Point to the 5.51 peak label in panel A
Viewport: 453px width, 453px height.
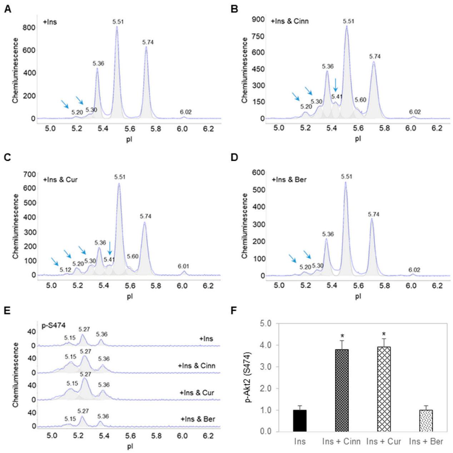pyautogui.click(x=118, y=22)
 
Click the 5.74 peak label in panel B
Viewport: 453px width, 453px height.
pyautogui.click(x=375, y=56)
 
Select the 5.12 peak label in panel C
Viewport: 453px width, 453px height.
pyautogui.click(x=65, y=270)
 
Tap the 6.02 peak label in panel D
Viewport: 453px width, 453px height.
pyautogui.click(x=414, y=270)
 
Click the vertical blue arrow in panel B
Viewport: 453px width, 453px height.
pyautogui.click(x=335, y=85)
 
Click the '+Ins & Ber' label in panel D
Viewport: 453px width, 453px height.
pyautogui.click(x=289, y=180)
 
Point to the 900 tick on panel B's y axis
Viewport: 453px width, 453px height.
pyautogui.click(x=258, y=19)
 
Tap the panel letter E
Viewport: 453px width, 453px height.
pyautogui.click(x=7, y=310)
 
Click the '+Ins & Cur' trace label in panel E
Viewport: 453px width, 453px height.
pyautogui.click(x=197, y=393)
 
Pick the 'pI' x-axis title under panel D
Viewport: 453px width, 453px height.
pyautogui.click(x=358, y=296)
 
